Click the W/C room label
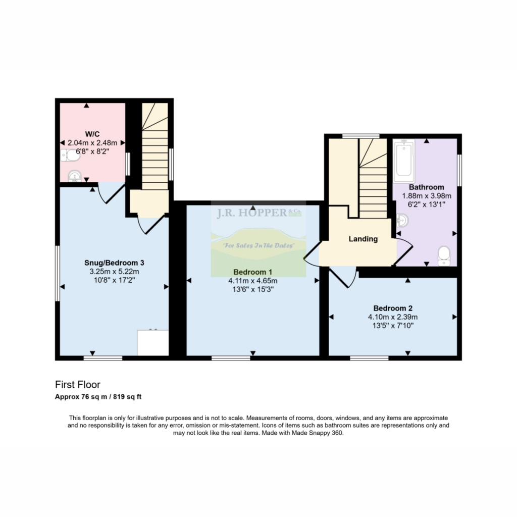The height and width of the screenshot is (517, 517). pyautogui.click(x=92, y=134)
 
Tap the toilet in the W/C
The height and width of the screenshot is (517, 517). pyautogui.click(x=71, y=157)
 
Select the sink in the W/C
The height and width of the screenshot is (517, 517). pyautogui.click(x=75, y=176)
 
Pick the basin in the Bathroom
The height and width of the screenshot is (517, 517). pyautogui.click(x=402, y=221)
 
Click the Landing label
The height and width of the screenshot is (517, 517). pyautogui.click(x=364, y=239)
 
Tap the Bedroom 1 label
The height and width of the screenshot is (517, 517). pyautogui.click(x=252, y=272)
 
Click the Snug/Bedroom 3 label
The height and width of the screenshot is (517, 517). pyautogui.click(x=115, y=263)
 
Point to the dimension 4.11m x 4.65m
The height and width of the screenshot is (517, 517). pyautogui.click(x=252, y=281)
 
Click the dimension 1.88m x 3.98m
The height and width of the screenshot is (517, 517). pyautogui.click(x=427, y=196)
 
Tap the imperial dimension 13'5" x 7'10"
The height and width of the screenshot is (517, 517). pyautogui.click(x=393, y=326)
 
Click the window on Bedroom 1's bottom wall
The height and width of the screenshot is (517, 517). pyautogui.click(x=231, y=358)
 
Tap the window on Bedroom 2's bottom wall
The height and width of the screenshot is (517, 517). pyautogui.click(x=369, y=358)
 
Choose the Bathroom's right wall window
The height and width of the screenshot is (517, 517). pyautogui.click(x=459, y=169)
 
